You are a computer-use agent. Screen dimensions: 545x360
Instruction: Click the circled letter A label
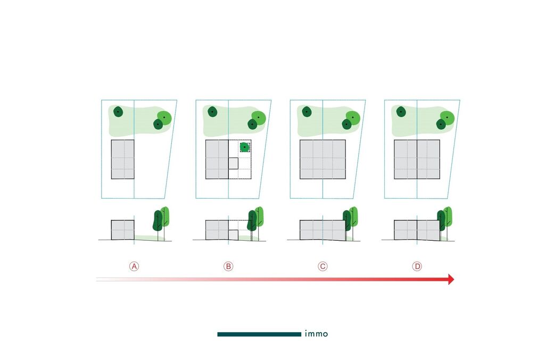(134, 266)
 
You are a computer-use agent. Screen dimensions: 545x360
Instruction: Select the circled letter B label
(228, 266)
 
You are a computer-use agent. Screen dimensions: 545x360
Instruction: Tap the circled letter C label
(323, 266)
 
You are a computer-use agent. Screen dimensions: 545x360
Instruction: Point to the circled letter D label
(417, 266)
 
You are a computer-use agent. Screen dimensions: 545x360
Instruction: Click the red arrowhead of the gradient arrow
(451, 279)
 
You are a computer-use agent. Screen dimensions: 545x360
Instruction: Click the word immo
(316, 334)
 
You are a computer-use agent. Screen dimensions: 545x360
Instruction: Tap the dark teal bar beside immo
(259, 334)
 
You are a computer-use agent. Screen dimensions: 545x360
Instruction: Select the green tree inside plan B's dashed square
(245, 147)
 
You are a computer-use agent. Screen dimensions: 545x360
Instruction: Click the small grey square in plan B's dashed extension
(233, 163)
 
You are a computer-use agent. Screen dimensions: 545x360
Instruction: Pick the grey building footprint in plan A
(123, 159)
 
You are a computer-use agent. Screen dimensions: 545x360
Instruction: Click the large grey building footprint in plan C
(323, 159)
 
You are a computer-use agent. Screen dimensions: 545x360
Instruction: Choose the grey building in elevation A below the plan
(123, 230)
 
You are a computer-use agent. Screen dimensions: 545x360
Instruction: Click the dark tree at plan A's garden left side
(118, 112)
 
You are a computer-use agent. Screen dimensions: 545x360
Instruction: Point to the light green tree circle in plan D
(448, 118)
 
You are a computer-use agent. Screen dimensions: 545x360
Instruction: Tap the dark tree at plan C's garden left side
(307, 112)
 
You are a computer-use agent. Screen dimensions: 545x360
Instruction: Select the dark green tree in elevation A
(158, 220)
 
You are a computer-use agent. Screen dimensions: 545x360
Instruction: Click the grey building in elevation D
(417, 230)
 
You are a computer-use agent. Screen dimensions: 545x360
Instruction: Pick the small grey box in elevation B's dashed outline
(233, 235)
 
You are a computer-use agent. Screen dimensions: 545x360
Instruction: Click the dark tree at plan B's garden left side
(212, 112)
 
